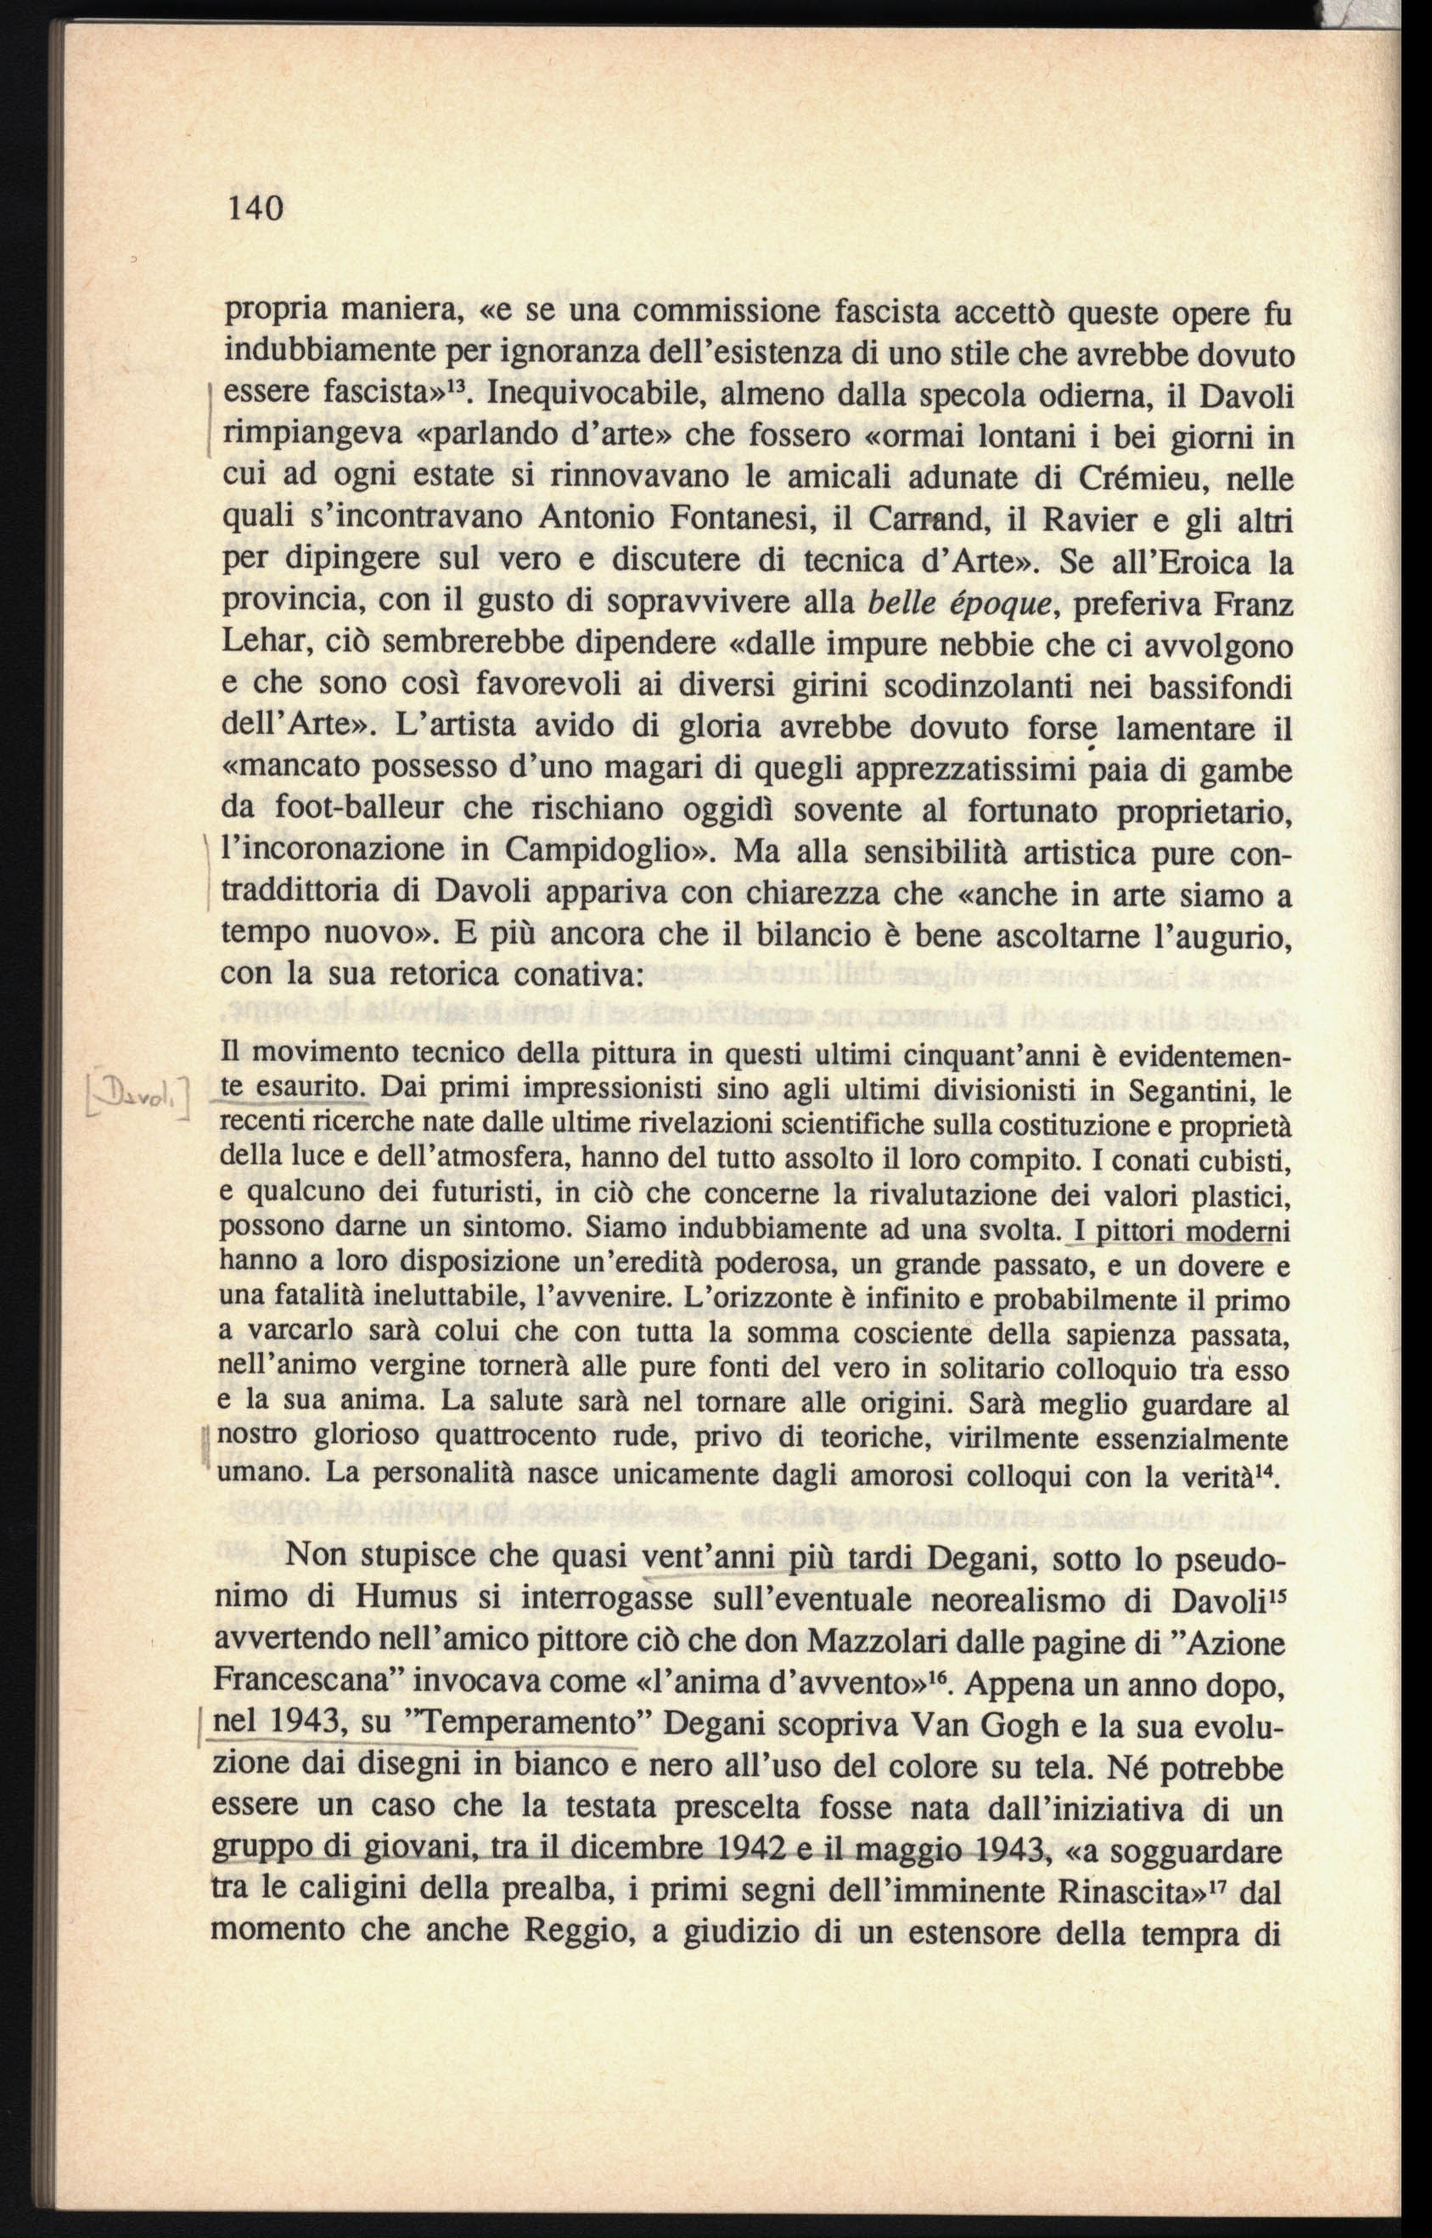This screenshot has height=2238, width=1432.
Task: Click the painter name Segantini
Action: [1187, 1089]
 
